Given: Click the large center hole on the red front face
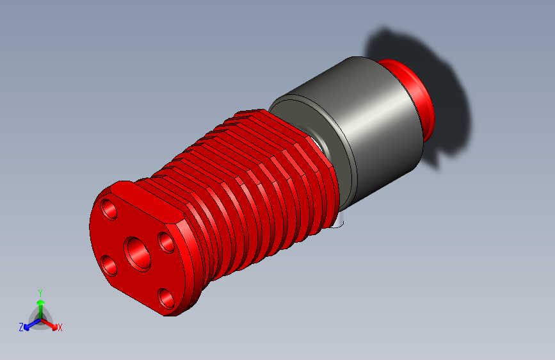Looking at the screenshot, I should [x=138, y=252].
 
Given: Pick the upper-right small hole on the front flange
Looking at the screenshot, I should [x=166, y=242].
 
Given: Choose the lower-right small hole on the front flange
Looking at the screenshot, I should [x=166, y=297].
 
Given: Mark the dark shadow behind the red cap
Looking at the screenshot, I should [x=442, y=83].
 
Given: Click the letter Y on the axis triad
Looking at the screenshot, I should [x=40, y=291].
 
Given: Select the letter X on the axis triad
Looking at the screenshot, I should [x=60, y=328].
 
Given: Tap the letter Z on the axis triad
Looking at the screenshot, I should [x=21, y=327].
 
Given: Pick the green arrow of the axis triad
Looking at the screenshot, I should [x=40, y=304].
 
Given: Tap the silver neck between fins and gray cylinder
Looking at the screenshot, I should [x=318, y=142].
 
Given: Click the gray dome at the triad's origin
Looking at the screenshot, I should [x=41, y=318].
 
